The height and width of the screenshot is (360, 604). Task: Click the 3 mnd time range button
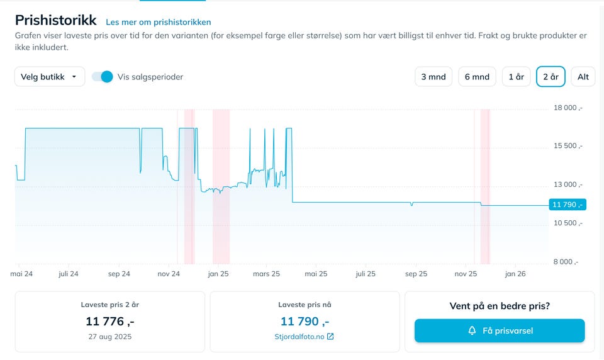pos(433,77)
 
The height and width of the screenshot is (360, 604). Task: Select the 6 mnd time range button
pos(477,77)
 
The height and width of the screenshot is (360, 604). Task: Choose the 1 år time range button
pos(516,77)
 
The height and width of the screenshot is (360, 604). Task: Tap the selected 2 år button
pos(551,77)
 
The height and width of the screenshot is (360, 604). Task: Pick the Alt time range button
pos(583,77)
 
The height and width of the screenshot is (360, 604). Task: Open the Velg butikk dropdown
pos(50,77)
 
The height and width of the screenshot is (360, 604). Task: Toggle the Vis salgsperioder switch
pos(102,77)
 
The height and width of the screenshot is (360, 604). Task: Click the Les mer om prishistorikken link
pos(159,22)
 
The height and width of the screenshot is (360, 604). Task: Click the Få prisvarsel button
pos(500,330)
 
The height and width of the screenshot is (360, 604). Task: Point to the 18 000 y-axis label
pos(568,108)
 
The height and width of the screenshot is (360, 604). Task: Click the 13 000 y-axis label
pos(568,185)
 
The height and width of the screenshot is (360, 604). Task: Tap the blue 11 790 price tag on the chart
pos(567,205)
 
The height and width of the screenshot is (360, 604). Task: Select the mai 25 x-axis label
pos(316,274)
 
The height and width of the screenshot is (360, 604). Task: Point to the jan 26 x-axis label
pos(515,274)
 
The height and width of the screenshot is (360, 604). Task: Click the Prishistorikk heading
pos(56,20)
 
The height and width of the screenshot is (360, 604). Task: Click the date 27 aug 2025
pos(110,337)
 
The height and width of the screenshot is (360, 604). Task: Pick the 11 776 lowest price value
pos(110,321)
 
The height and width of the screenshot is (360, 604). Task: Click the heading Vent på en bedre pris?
pos(500,307)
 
